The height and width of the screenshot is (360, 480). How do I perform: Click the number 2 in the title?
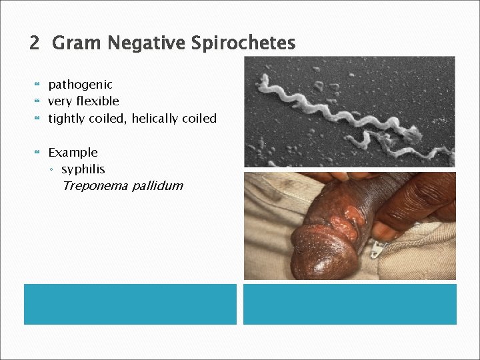point(35,44)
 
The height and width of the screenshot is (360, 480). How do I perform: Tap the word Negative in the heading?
point(145,44)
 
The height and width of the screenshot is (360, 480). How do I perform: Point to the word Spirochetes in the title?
point(243,44)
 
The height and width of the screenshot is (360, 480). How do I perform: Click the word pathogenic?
point(80,85)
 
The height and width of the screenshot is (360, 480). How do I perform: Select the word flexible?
point(97,101)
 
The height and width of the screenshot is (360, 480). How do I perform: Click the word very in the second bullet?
point(59,101)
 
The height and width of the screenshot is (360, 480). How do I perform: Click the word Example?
point(73,153)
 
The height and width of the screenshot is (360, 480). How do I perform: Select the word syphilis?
point(83,169)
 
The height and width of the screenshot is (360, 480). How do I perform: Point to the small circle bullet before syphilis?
point(53,170)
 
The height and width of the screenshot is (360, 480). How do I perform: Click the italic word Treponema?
point(95,186)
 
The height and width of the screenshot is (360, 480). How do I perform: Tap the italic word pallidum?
point(157,186)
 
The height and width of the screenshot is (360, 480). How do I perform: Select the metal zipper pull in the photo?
point(378,250)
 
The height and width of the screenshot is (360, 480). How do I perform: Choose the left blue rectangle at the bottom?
point(130,304)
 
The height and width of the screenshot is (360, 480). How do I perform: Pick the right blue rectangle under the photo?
point(349,304)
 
